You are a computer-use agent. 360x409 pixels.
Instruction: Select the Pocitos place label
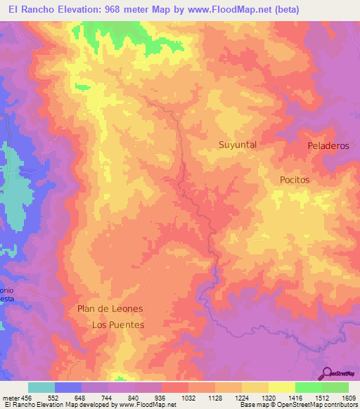294,179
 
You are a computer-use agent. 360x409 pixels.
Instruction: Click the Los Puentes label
118,325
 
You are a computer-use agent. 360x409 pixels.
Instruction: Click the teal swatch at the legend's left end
41,387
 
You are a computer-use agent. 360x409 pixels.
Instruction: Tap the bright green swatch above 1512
308,387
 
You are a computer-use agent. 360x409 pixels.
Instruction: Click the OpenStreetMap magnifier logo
327,373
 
